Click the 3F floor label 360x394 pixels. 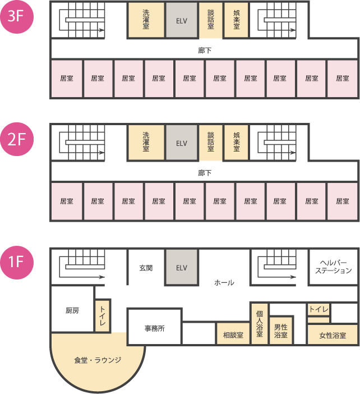coord(17,17)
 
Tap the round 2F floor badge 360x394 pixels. coord(17,140)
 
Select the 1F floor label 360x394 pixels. coord(17,262)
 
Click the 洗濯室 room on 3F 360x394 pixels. coord(146,20)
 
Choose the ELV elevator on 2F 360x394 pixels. coord(181,143)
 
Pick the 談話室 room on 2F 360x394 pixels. coord(211,143)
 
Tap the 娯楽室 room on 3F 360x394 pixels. coord(237,20)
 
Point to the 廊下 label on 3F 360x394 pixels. coord(205,50)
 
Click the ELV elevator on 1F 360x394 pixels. coord(181,268)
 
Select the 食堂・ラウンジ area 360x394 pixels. coord(98,360)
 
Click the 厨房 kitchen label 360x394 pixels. coord(72,310)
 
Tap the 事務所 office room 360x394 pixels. coord(154,328)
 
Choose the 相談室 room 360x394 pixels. coord(233,335)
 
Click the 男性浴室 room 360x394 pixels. coord(281,331)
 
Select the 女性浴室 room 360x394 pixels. coord(333,335)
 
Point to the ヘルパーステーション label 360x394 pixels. coord(333,267)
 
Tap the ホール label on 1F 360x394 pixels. coord(224,283)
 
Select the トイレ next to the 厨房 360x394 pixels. coord(103,315)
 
